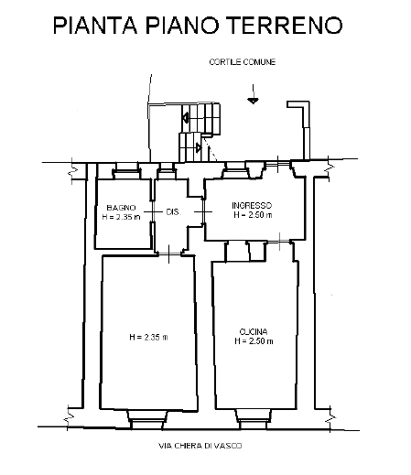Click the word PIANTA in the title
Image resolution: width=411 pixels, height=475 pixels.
(x=95, y=25)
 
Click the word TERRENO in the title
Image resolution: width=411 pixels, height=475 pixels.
(x=286, y=25)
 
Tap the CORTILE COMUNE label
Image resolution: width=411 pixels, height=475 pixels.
(x=243, y=62)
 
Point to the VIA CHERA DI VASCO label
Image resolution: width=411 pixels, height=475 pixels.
(x=200, y=446)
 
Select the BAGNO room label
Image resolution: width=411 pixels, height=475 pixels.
(x=121, y=208)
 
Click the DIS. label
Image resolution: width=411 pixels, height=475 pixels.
(x=174, y=211)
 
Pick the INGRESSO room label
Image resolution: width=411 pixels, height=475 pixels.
(x=252, y=205)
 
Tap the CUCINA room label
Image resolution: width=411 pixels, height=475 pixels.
(x=254, y=331)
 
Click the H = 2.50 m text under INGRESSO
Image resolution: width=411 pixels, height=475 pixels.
(x=253, y=215)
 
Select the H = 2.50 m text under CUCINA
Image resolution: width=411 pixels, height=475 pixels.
(x=254, y=341)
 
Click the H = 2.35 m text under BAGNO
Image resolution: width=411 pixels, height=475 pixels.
(x=121, y=217)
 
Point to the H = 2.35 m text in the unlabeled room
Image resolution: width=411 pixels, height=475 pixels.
(x=148, y=337)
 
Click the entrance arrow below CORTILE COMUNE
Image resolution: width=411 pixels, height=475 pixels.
(x=253, y=94)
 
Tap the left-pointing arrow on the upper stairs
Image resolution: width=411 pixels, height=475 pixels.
(x=186, y=118)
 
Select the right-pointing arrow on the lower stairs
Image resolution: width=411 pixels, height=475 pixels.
(x=199, y=148)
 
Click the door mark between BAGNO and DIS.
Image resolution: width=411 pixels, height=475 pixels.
(x=153, y=211)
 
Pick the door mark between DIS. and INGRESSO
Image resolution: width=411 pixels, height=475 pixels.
(x=203, y=211)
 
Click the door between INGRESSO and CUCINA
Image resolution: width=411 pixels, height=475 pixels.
(x=280, y=242)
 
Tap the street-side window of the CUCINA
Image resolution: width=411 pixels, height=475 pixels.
(x=254, y=420)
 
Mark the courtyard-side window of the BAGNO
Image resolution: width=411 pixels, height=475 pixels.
(x=126, y=170)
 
